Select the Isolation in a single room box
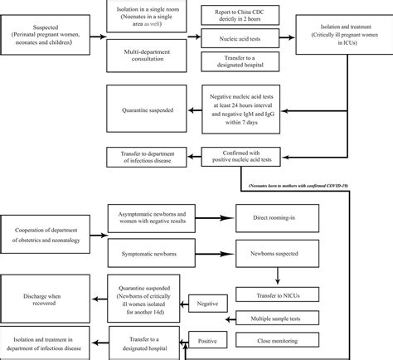click(x=149, y=17)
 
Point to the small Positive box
click(x=210, y=340)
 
